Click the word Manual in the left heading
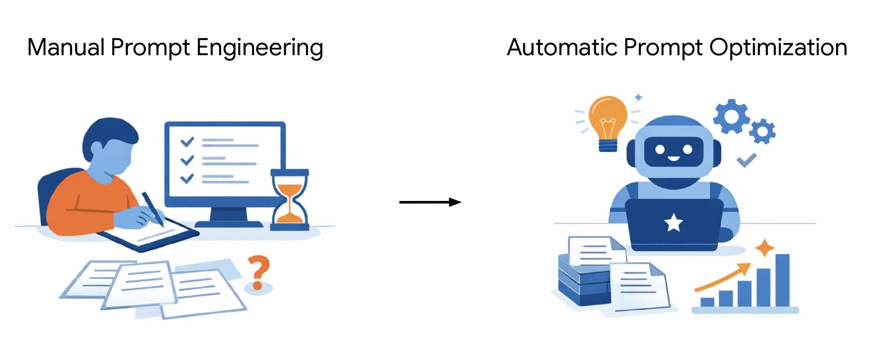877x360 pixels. (65, 47)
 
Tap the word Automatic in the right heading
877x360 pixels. (562, 47)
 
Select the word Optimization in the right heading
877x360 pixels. (778, 47)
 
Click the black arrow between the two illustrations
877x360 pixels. (430, 202)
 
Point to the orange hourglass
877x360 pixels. (289, 199)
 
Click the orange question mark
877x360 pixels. (258, 272)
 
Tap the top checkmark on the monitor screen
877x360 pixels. (187, 142)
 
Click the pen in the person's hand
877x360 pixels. (152, 208)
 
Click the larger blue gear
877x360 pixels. (731, 116)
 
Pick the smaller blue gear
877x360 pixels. (762, 131)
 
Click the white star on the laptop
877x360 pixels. (674, 223)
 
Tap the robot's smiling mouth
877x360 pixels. (674, 159)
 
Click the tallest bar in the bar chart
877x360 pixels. (782, 280)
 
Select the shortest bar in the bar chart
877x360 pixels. (707, 302)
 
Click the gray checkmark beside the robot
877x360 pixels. (746, 160)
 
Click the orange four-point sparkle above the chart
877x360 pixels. (765, 248)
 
